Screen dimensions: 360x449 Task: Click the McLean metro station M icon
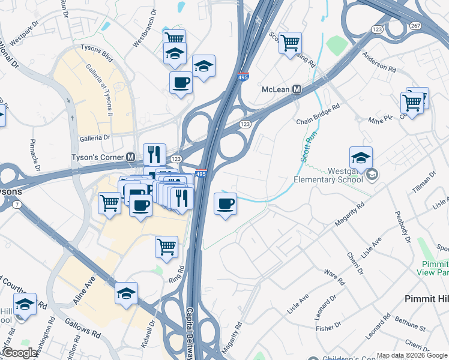tap(296, 89)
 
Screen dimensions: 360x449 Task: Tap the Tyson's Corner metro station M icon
tap(130, 157)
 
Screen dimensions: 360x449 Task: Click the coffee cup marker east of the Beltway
tap(225, 204)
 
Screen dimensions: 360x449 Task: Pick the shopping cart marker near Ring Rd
tap(166, 246)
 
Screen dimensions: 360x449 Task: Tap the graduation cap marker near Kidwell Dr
tap(126, 293)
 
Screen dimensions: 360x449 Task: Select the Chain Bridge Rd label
tap(318, 114)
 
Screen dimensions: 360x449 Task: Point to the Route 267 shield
tap(415, 25)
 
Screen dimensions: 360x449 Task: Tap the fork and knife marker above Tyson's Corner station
tap(154, 154)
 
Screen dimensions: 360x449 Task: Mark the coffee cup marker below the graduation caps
tap(180, 83)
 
